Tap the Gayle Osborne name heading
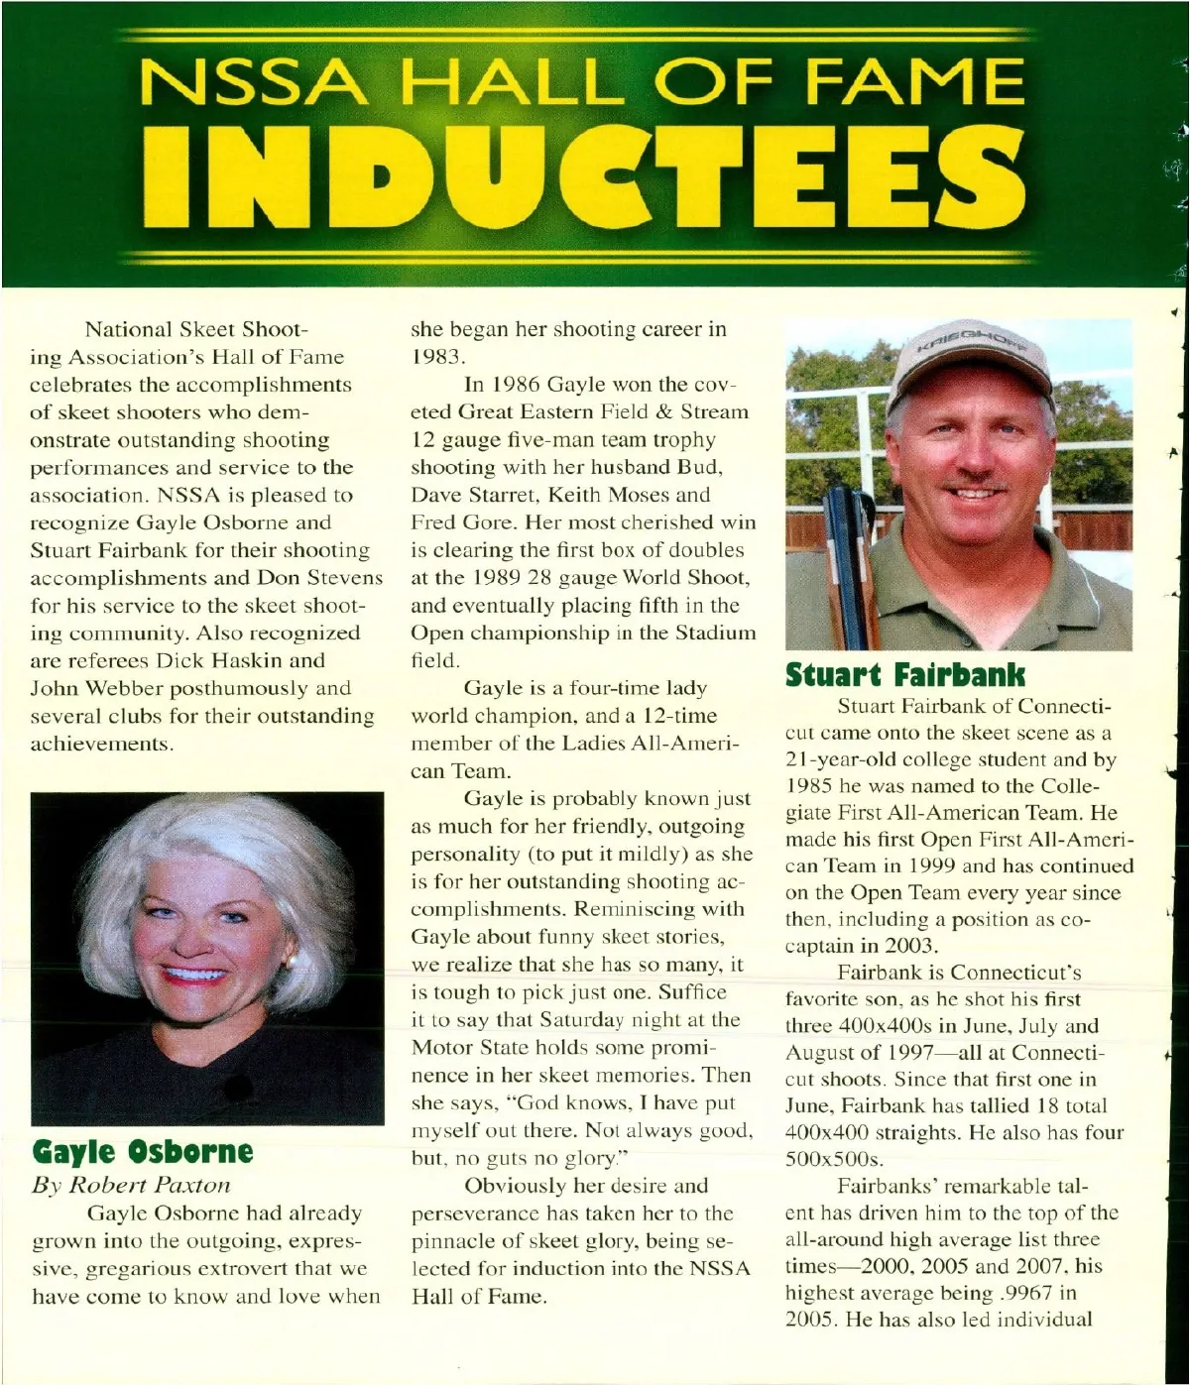coord(143,1151)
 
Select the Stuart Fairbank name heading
coord(905,675)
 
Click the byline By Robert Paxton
coord(131,1184)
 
